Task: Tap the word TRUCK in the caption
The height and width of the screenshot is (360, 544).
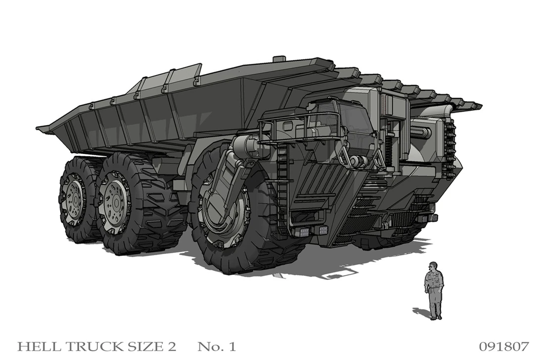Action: [x=84, y=347]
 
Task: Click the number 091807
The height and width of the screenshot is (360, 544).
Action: [x=503, y=347]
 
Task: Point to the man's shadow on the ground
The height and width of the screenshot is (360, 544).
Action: [x=421, y=312]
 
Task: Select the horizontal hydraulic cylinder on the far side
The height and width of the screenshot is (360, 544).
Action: [x=425, y=132]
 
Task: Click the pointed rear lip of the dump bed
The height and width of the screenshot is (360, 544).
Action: [x=45, y=129]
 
